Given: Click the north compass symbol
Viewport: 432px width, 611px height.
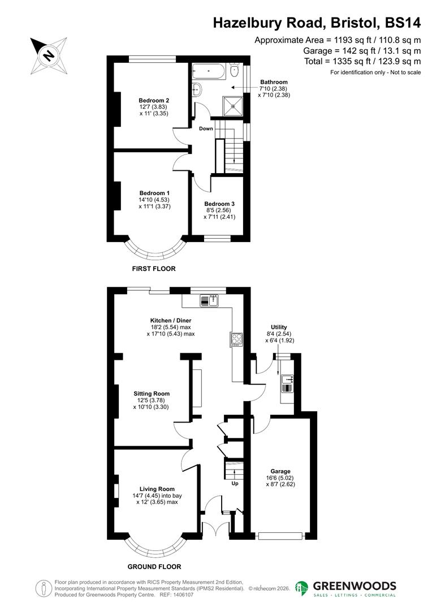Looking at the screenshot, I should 49,55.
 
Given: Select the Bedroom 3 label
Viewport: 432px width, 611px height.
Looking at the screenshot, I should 219,204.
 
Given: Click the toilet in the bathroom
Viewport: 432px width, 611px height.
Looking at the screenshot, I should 197,89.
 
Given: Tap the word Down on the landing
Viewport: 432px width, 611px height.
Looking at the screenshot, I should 206,128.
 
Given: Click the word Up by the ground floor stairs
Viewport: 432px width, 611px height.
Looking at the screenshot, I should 235,484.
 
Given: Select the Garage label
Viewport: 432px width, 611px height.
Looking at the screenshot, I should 280,471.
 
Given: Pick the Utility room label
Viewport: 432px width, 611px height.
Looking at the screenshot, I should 279,328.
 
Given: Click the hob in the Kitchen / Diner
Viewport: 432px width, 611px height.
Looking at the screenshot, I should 236,339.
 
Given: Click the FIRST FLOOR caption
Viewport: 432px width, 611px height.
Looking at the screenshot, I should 153,269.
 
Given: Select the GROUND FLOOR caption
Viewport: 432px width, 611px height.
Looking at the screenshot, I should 154,566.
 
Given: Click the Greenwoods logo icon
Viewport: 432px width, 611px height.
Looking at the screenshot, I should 302,589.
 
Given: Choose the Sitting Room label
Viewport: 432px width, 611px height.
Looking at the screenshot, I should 152,394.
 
